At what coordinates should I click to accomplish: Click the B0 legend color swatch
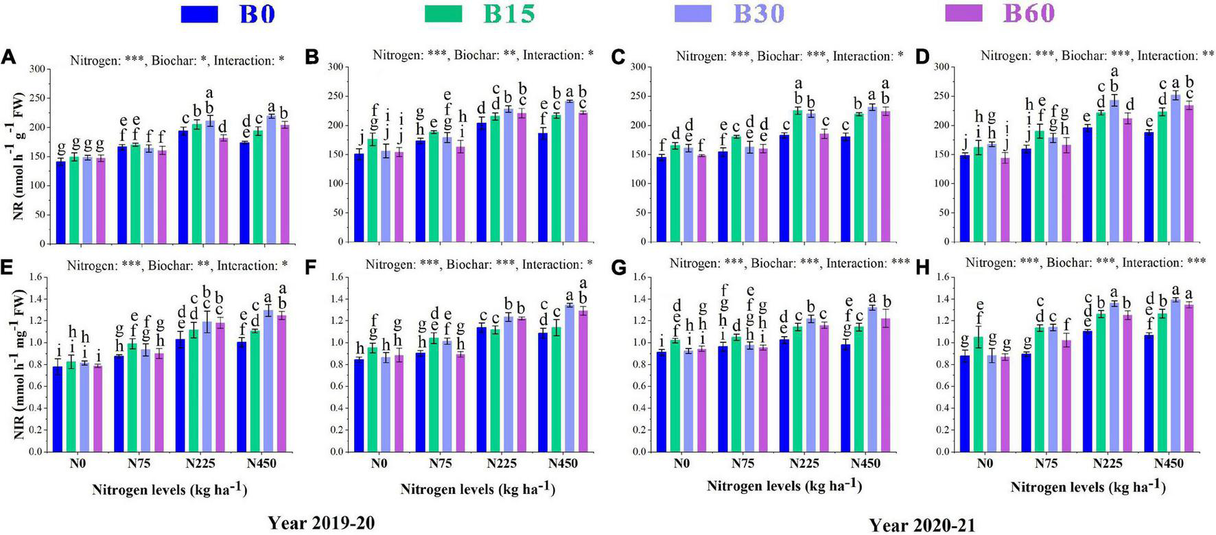[x=199, y=14]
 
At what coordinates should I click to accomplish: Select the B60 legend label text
[x=1029, y=14]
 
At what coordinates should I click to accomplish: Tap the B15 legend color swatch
[x=443, y=14]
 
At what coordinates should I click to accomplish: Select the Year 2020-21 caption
[x=922, y=525]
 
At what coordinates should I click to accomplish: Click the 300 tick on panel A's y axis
[x=37, y=69]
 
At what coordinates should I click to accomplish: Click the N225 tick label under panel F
[x=502, y=464]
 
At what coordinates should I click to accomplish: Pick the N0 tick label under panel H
[x=985, y=464]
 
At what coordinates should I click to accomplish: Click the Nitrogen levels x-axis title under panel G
[x=784, y=486]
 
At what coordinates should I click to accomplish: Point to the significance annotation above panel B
[x=482, y=56]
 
